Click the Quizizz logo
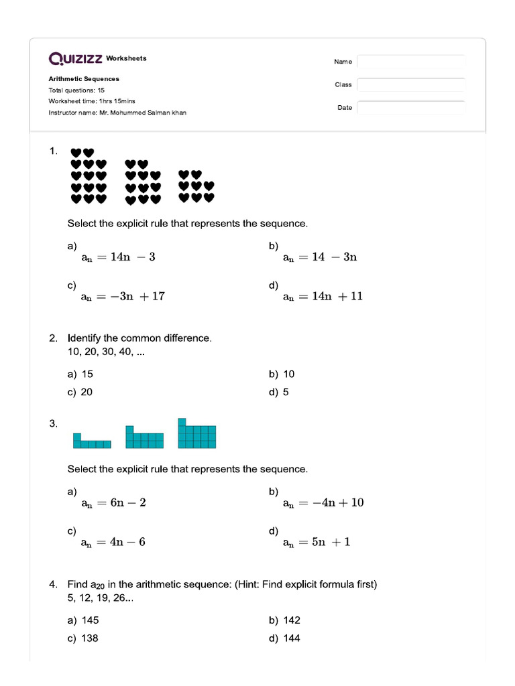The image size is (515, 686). click(x=75, y=59)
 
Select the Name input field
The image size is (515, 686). click(x=411, y=62)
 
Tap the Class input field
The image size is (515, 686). click(x=411, y=85)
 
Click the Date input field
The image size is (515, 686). click(x=411, y=108)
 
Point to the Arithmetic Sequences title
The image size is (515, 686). click(x=84, y=79)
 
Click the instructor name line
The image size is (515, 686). click(x=117, y=113)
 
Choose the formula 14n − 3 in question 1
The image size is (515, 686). click(x=118, y=257)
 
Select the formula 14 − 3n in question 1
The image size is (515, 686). click(x=320, y=257)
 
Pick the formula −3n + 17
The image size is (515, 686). click(x=123, y=296)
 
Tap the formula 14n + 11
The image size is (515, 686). click(x=323, y=296)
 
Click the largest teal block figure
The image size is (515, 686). click(x=196, y=433)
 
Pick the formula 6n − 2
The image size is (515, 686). click(x=113, y=502)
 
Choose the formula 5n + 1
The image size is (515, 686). click(x=317, y=542)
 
